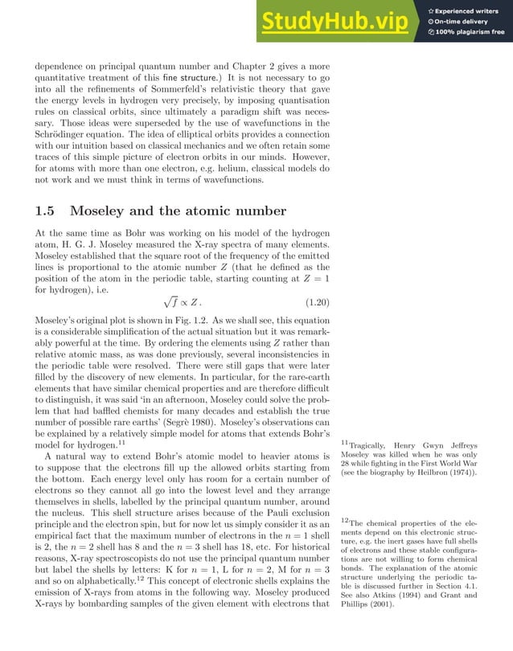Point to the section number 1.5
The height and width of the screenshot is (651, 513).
(46, 211)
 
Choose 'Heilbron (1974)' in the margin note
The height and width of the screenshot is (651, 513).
(443, 473)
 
